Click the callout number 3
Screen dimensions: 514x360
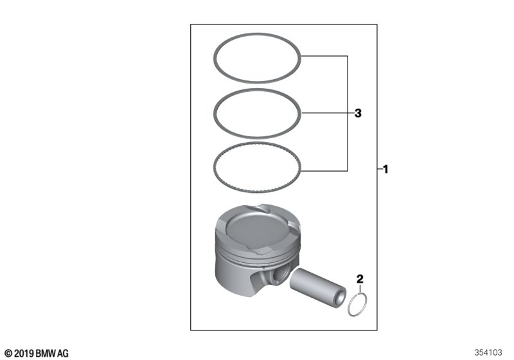[x=358, y=113]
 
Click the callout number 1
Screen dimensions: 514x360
[x=385, y=169]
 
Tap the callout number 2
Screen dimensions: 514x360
[x=360, y=280]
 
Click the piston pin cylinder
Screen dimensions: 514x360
[x=318, y=287]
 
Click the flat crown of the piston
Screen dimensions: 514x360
[x=258, y=228]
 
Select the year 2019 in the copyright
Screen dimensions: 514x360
[x=24, y=354]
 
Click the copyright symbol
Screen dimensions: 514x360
[x=9, y=354]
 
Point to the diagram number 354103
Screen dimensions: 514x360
[x=488, y=352]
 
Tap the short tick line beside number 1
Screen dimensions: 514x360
[x=380, y=169]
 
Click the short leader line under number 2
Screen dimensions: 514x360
[x=360, y=289]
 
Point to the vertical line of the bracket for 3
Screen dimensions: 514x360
[x=348, y=113]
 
